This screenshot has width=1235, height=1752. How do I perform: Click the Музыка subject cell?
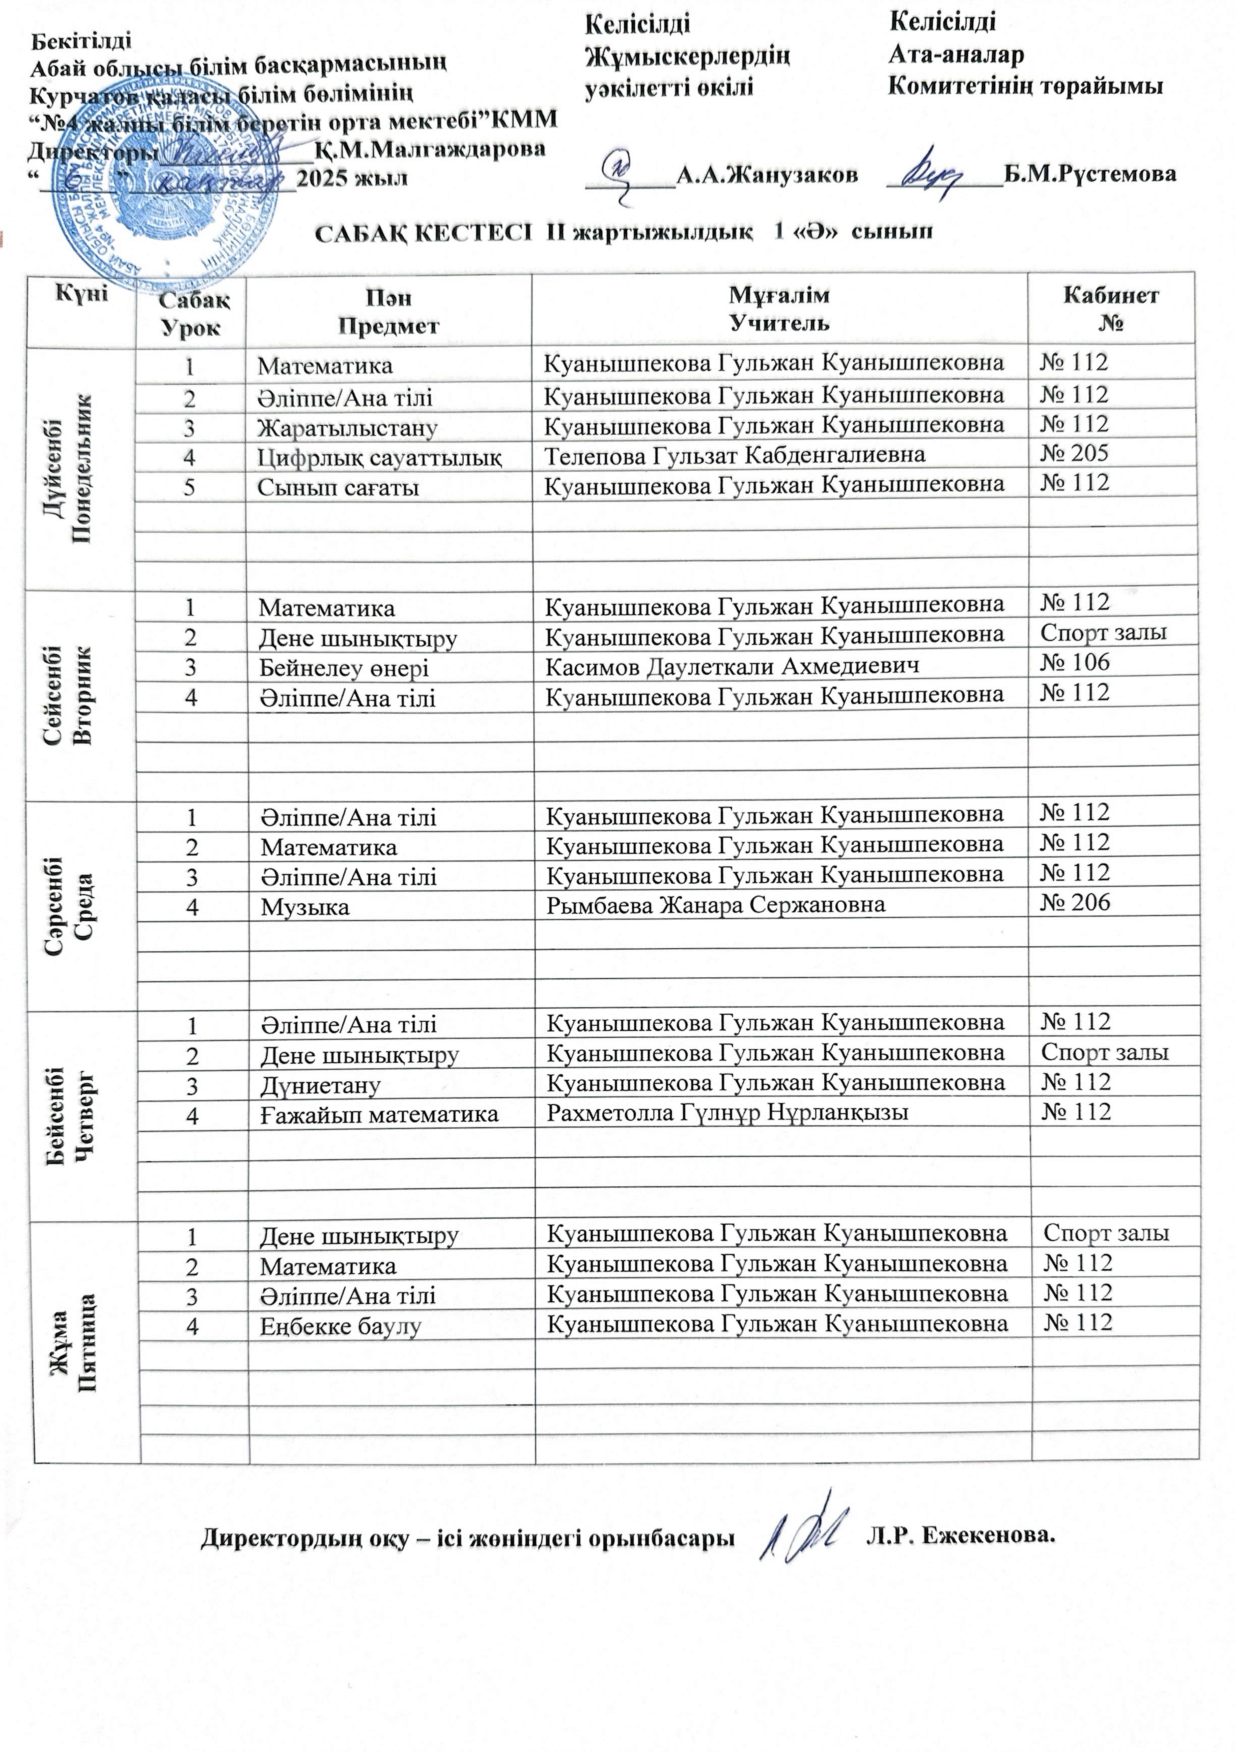pyautogui.click(x=305, y=907)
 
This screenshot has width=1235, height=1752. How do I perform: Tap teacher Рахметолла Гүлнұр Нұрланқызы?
pyautogui.click(x=727, y=1113)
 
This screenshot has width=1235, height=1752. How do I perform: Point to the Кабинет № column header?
pyautogui.click(x=1111, y=308)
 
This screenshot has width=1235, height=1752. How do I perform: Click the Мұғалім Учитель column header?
pyautogui.click(x=779, y=308)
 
